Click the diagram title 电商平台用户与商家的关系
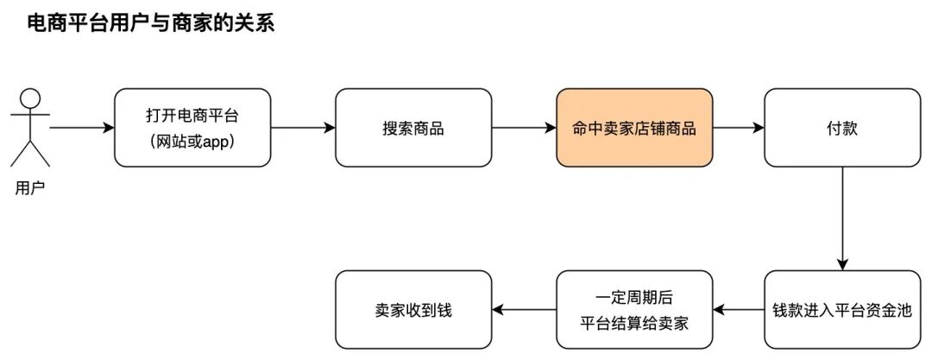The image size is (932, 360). [x=151, y=23]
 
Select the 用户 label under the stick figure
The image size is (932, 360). [x=30, y=187]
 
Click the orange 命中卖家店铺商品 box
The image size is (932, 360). [x=634, y=128]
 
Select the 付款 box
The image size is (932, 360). [x=842, y=128]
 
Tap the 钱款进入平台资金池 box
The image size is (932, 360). [x=842, y=310]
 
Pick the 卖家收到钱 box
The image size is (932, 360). [x=412, y=310]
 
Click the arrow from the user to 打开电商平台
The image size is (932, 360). [x=82, y=128]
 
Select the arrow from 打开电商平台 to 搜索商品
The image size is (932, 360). [x=302, y=128]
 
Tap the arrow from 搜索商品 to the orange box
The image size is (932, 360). [x=524, y=128]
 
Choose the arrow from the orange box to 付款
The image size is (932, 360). [x=739, y=128]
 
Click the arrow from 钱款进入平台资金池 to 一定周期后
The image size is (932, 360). [x=739, y=310]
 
